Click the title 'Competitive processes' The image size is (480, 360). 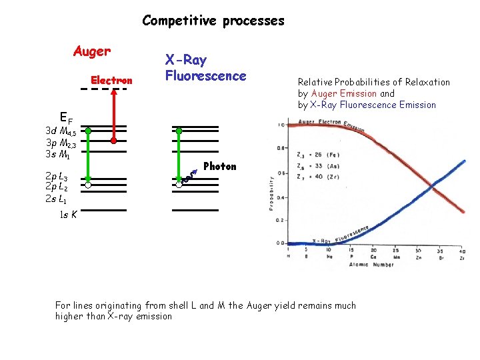213,21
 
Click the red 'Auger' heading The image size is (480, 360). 92,51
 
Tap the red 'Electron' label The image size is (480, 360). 111,81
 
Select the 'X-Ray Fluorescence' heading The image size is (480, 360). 205,68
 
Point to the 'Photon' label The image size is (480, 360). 220,167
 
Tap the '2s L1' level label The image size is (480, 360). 57,199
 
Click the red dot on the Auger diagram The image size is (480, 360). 114,141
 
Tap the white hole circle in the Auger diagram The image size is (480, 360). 87,186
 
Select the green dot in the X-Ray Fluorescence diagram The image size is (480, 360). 179,131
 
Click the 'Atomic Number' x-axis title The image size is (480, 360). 372,265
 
